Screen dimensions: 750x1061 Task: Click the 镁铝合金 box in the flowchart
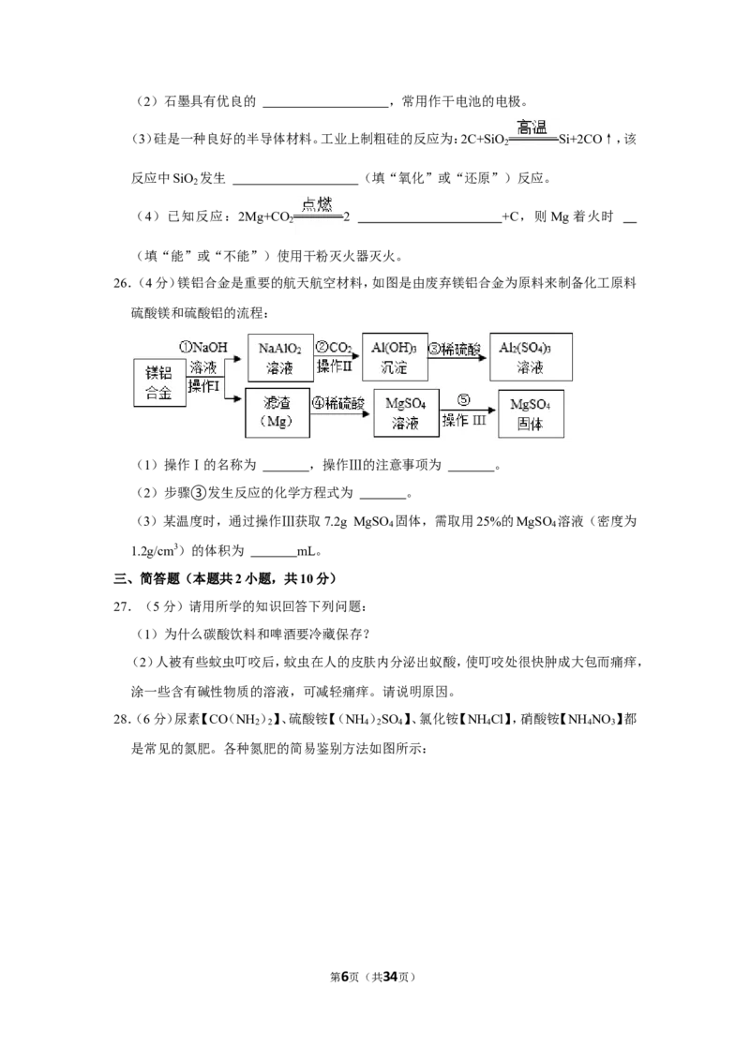coord(159,383)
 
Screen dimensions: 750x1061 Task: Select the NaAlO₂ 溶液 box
coord(280,358)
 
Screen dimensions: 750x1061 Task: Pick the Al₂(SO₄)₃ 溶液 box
coord(531,356)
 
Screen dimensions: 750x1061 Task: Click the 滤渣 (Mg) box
coord(277,412)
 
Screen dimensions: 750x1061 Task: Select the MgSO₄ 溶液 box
coord(406,412)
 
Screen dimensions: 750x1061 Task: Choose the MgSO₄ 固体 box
coord(531,414)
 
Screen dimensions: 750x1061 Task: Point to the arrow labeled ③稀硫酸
coord(457,357)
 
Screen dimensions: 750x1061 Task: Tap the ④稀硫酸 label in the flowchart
coord(337,403)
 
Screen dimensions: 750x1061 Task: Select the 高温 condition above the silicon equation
coord(532,127)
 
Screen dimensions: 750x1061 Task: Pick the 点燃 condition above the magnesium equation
coord(317,203)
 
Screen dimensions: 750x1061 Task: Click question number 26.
coord(122,283)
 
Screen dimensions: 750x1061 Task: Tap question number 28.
coord(122,719)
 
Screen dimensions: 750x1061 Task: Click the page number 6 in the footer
coord(345,977)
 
